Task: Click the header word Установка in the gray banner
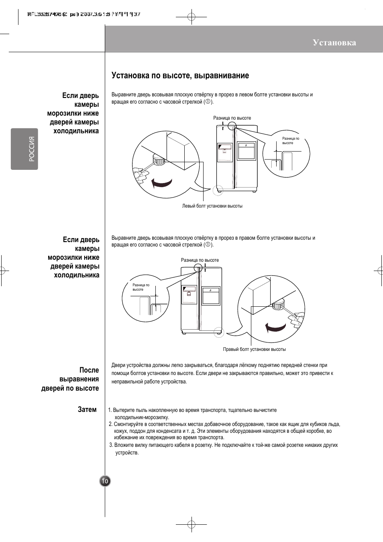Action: [334, 43]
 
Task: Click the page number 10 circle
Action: [105, 481]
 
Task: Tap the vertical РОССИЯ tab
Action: [24, 149]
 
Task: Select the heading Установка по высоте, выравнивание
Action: [180, 75]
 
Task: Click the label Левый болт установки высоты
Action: [212, 206]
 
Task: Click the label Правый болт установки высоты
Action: [254, 349]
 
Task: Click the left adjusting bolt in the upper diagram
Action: [159, 161]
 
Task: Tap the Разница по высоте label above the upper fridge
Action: [232, 118]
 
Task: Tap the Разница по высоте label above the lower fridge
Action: [200, 260]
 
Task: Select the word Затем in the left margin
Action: [87, 410]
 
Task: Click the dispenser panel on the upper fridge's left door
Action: [225, 152]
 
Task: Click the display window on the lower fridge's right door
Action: [211, 295]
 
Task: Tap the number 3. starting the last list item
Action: [111, 445]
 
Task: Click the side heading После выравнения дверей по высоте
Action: [70, 379]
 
